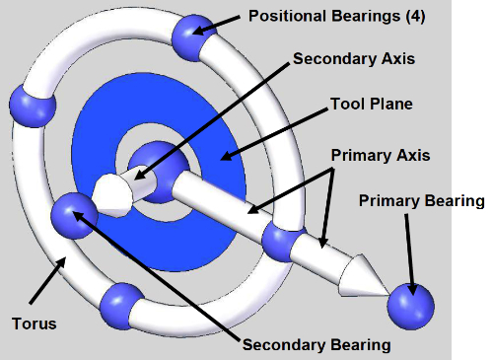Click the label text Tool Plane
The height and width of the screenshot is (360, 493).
click(372, 104)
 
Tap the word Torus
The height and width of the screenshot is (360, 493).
click(35, 324)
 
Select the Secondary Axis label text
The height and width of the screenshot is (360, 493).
click(354, 59)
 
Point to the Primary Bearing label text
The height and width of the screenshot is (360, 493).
click(422, 201)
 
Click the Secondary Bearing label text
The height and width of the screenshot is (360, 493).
click(317, 345)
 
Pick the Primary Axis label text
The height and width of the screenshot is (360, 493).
click(381, 155)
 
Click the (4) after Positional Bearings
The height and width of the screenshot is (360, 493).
click(415, 16)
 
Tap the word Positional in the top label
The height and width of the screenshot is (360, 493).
click(287, 16)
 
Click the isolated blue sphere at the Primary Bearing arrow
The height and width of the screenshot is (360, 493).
click(411, 307)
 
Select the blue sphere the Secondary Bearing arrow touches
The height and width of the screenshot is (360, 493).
click(74, 216)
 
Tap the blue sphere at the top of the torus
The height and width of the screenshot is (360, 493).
click(194, 37)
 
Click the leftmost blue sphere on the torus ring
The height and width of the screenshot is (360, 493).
click(33, 106)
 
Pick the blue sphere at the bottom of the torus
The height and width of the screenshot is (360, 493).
click(122, 306)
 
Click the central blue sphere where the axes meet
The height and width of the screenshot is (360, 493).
click(159, 172)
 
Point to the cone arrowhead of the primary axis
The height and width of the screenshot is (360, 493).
click(362, 276)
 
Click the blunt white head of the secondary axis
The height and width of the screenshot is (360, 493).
click(111, 195)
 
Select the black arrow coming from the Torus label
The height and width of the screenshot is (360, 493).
click(47, 280)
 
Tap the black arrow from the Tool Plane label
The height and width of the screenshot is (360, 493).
click(274, 134)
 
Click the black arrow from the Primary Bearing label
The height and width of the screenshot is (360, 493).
click(409, 254)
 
